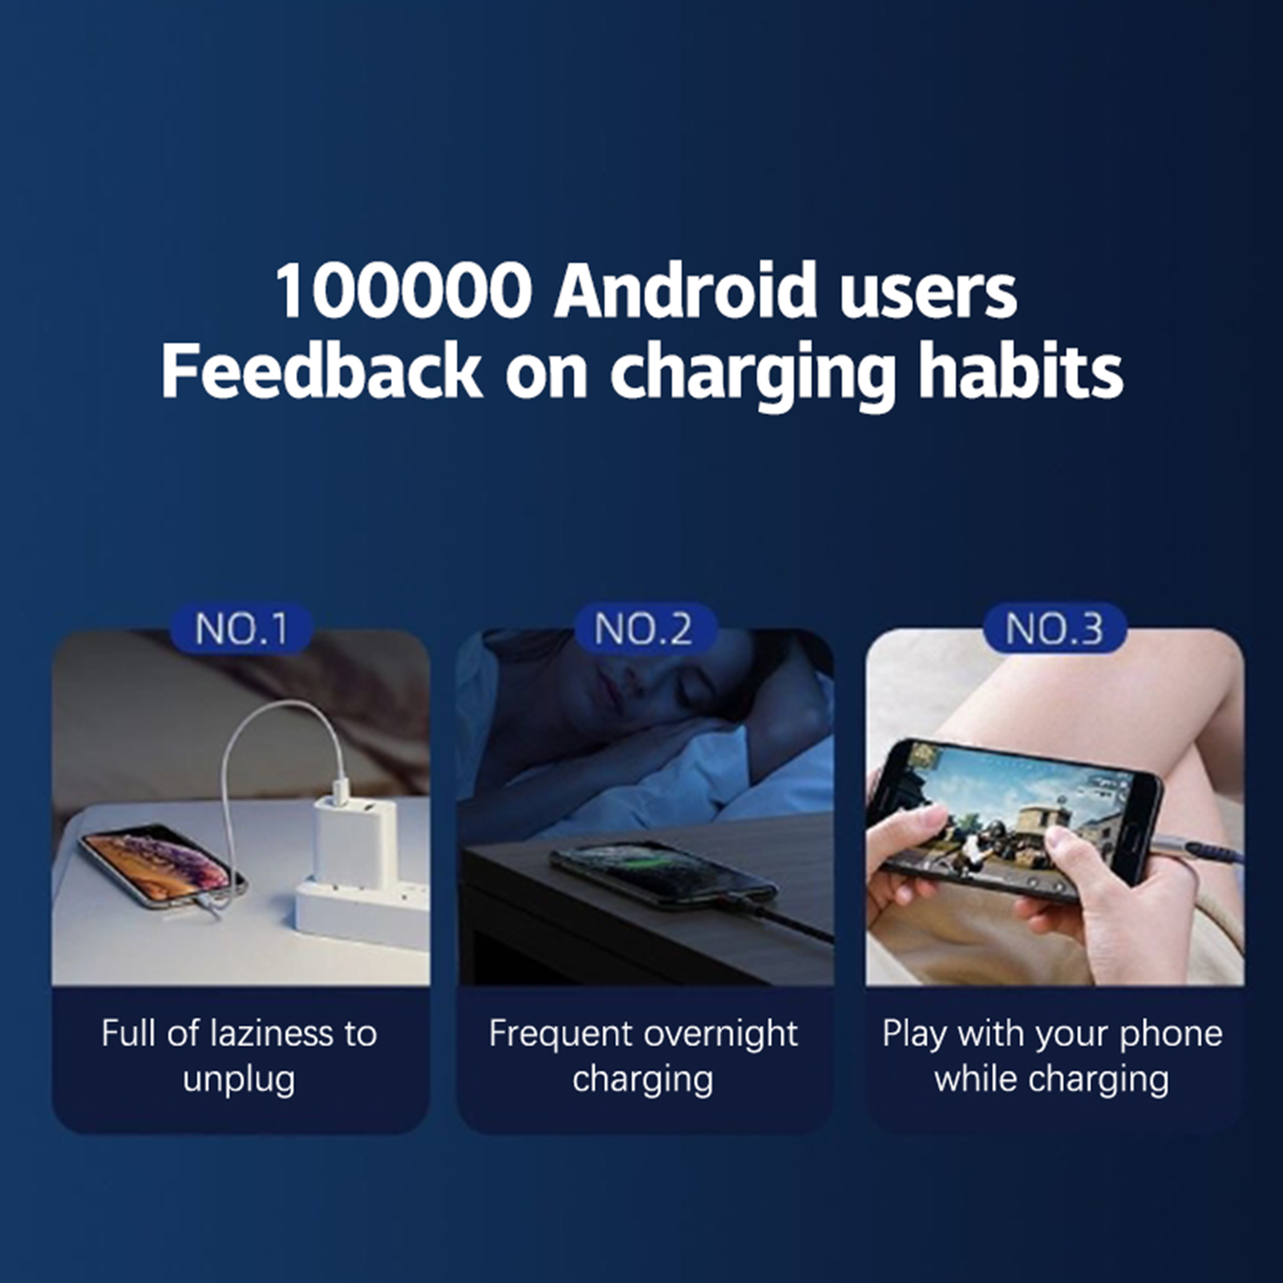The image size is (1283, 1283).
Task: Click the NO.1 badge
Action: point(241,628)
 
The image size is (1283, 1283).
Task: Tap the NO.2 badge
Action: point(644,628)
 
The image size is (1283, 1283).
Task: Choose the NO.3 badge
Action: point(1054,628)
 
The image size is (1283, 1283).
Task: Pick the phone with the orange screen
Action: point(164,866)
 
